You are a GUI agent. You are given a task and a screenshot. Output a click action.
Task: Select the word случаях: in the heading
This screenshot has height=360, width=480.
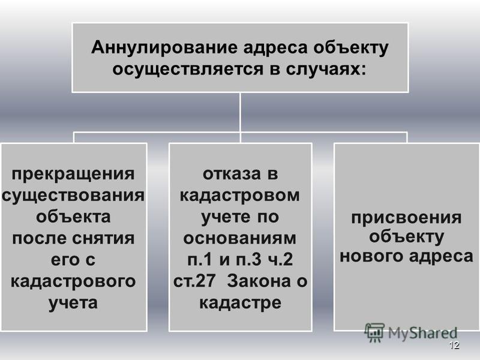point(326,69)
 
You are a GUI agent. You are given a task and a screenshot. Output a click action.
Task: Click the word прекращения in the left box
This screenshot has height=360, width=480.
point(73,175)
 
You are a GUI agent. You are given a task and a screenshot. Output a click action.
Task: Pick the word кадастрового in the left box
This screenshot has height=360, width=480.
point(73,281)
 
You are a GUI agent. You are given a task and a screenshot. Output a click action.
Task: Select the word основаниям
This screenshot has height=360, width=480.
point(239,239)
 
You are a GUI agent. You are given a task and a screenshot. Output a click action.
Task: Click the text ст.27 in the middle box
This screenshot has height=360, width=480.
point(194,281)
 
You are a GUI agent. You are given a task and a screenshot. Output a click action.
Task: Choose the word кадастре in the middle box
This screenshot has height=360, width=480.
point(241,303)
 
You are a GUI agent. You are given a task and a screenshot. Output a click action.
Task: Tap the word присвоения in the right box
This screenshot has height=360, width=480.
point(406,218)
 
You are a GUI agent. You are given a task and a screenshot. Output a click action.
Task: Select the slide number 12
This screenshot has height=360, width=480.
point(455,345)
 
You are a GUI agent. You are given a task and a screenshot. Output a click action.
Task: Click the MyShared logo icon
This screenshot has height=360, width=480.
point(374,332)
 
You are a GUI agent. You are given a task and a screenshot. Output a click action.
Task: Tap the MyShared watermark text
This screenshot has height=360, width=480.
point(423,333)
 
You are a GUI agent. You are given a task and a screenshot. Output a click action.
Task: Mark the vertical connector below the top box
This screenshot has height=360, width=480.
point(241,112)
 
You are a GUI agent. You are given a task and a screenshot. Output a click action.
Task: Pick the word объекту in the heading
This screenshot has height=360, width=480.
point(351,48)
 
